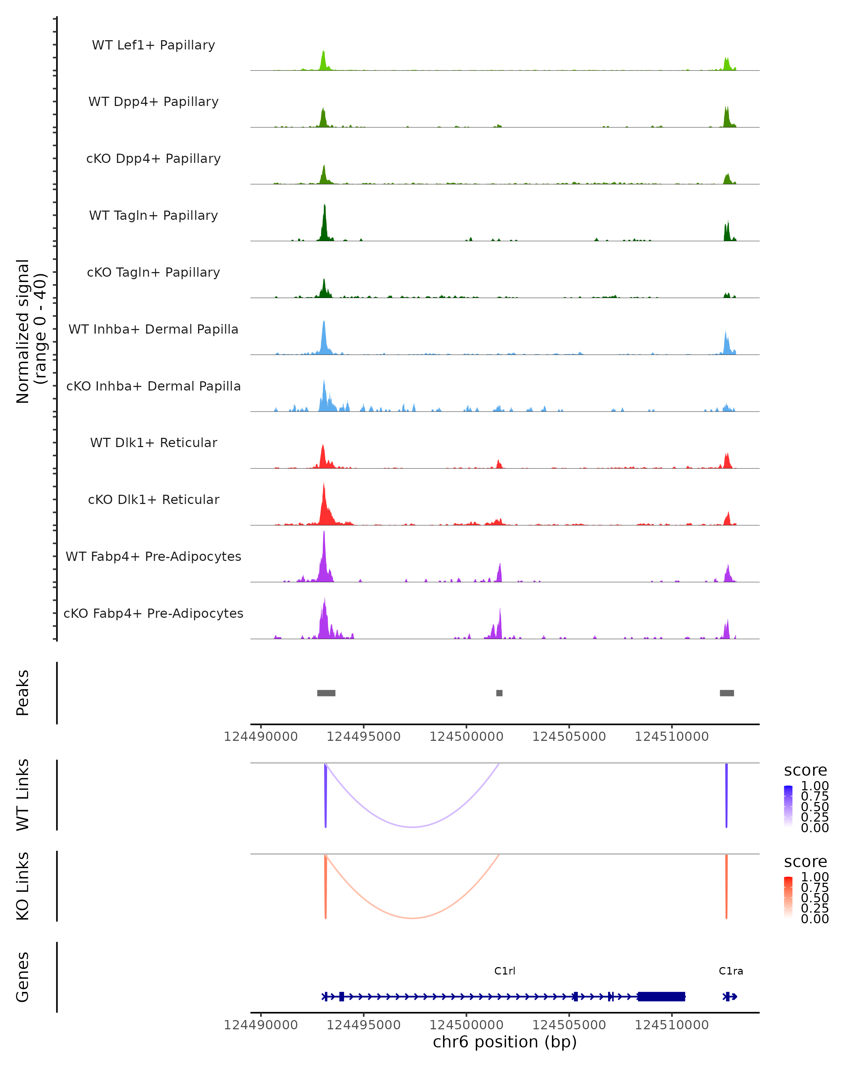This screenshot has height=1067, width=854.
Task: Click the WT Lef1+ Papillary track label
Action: [153, 45]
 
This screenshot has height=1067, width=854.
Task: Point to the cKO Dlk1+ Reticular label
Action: [153, 499]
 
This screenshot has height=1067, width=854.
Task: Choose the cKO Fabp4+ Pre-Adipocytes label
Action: [153, 613]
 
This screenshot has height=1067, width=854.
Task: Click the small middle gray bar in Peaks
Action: [499, 693]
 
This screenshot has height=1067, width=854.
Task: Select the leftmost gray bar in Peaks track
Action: [326, 693]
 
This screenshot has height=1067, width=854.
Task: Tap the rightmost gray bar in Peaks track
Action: [727, 693]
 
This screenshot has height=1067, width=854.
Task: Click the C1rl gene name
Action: [505, 971]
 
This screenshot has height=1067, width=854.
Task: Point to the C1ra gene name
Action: [731, 971]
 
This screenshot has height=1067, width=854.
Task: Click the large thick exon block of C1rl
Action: [661, 996]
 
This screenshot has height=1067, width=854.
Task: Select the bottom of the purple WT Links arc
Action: [412, 827]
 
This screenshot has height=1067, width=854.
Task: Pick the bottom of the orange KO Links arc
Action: [412, 918]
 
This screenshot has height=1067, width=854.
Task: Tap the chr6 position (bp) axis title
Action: [505, 1042]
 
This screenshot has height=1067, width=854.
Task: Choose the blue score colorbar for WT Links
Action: [788, 806]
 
